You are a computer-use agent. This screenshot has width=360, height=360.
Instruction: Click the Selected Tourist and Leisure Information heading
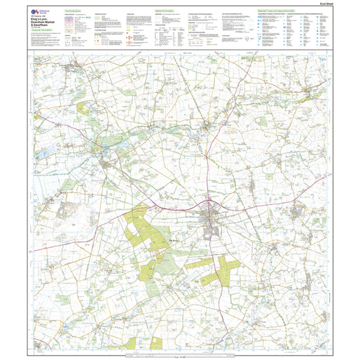coord(278,12)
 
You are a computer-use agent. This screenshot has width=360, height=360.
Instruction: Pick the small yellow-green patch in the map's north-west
coord(82,108)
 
